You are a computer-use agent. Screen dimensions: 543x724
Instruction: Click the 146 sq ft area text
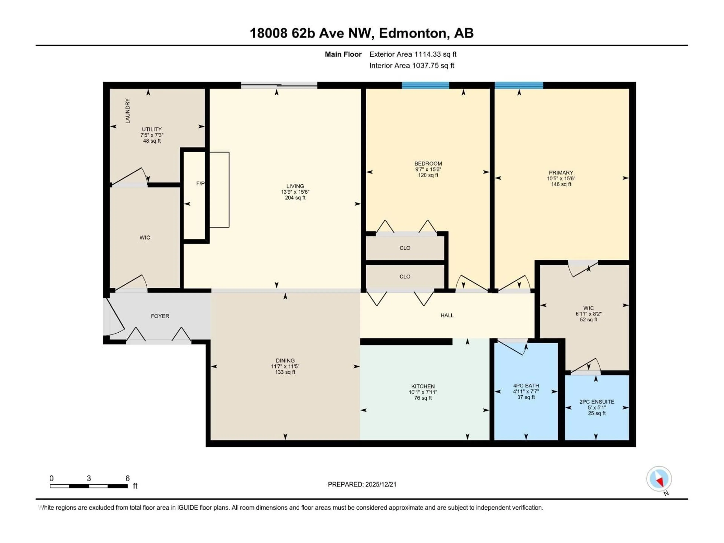coord(561,184)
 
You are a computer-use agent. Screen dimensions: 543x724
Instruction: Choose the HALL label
coord(447,315)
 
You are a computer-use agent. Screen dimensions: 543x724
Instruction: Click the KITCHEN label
coord(423,386)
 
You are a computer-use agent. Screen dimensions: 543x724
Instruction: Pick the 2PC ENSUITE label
coord(596,402)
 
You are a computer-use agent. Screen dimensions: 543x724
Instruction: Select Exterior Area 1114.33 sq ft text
coord(413,54)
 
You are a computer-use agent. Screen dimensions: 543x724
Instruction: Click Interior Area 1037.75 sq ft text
coord(412,65)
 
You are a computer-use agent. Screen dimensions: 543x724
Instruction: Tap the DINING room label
coord(285,360)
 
